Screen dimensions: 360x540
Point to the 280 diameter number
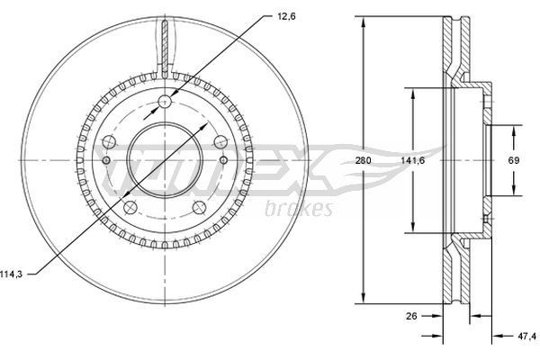click(363, 160)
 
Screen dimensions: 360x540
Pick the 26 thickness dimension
click(411, 316)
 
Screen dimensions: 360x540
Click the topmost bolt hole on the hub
click(165, 102)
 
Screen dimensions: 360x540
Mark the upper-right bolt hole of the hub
click(220, 141)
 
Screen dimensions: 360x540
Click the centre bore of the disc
click(165, 160)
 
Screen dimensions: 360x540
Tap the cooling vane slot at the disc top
click(165, 40)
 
